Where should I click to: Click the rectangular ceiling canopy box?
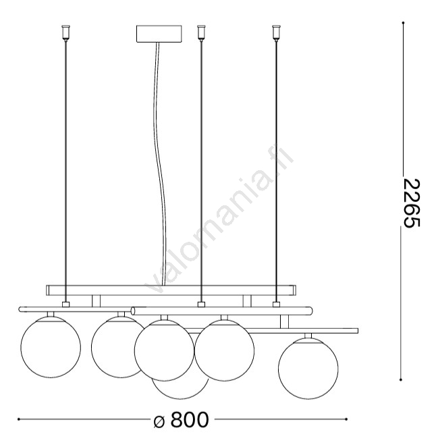[159, 34]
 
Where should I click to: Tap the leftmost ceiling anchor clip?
[65, 33]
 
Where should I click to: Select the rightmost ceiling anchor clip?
[276, 33]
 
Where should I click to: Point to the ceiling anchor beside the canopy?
[201, 33]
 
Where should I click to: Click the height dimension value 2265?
[411, 203]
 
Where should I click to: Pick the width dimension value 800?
[190, 420]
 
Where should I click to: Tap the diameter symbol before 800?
[159, 421]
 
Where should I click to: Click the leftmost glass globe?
[51, 348]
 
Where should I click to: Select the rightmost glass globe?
[308, 369]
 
